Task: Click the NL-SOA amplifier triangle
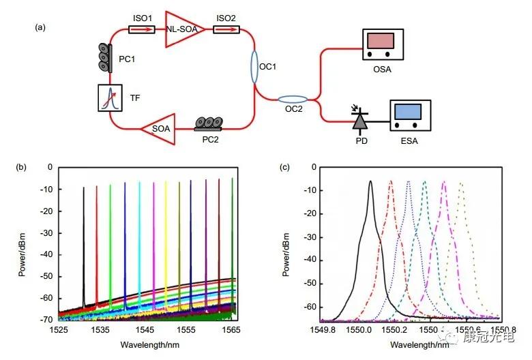pyautogui.click(x=183, y=30)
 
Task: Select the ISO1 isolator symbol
pyautogui.click(x=140, y=29)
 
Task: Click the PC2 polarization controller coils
pyautogui.click(x=207, y=123)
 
